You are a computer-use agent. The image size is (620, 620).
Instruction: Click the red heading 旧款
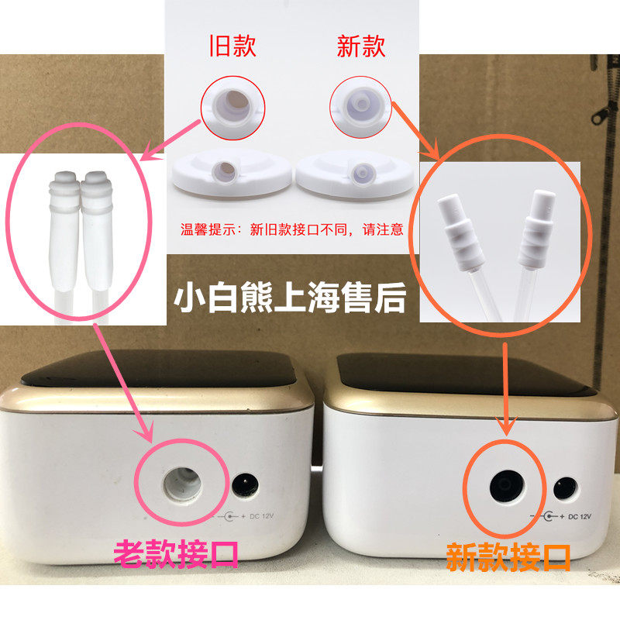[x=233, y=46]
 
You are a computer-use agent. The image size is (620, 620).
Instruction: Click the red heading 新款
[x=361, y=46]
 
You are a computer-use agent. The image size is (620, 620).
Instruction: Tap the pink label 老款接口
[x=176, y=553]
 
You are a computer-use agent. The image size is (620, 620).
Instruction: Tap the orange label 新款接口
[x=508, y=557]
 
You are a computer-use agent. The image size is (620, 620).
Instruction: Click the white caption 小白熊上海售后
[x=290, y=298]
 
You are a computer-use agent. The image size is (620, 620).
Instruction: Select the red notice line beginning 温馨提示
[x=292, y=229]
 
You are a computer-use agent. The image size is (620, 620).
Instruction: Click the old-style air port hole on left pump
[x=182, y=484]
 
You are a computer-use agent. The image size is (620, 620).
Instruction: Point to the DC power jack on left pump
[x=245, y=486]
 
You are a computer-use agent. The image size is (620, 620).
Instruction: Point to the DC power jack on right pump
[x=566, y=489]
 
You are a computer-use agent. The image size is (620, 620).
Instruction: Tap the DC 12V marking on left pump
[x=261, y=516]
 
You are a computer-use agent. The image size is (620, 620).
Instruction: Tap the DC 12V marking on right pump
[x=579, y=516]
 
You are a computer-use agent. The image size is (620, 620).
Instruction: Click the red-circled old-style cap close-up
[x=233, y=107]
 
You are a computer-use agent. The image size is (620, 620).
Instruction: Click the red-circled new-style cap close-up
[x=360, y=107]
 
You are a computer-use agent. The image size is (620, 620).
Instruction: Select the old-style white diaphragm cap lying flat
[x=232, y=174]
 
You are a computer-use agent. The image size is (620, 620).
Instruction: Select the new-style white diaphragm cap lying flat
[x=356, y=174]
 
